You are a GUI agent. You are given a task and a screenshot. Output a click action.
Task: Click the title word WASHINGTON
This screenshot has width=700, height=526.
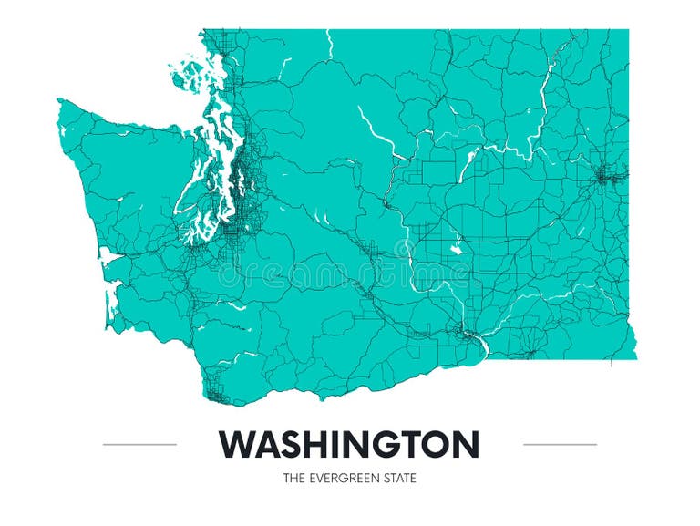pyautogui.click(x=349, y=445)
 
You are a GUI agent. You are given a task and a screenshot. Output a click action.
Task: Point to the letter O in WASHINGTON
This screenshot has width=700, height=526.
pyautogui.click(x=434, y=445)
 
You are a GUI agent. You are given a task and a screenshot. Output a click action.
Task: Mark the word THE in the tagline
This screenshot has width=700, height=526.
pyautogui.click(x=293, y=478)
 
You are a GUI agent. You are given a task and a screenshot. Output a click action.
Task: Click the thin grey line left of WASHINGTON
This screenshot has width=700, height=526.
pyautogui.click(x=139, y=445)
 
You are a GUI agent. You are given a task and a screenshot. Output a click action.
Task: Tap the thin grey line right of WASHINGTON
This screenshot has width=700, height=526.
pyautogui.click(x=560, y=445)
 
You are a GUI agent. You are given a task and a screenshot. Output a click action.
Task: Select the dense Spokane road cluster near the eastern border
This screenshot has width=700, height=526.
pyautogui.click(x=607, y=175)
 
